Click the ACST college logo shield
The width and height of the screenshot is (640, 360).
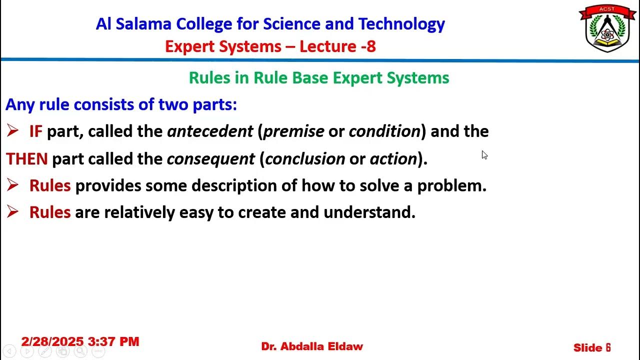click(x=607, y=29)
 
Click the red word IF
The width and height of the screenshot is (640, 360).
click(x=35, y=131)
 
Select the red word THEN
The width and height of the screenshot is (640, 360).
click(x=26, y=159)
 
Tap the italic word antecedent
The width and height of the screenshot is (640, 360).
click(x=210, y=131)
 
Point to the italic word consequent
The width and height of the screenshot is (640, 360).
click(x=210, y=159)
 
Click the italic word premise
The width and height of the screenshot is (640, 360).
click(x=293, y=131)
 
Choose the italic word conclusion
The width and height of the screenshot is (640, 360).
click(x=305, y=159)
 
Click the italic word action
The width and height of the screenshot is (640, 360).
click(x=393, y=159)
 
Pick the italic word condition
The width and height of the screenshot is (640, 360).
click(x=384, y=131)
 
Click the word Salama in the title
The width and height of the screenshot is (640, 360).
click(x=146, y=24)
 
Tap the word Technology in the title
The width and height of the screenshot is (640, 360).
click(x=401, y=24)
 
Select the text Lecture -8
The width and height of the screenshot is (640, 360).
click(x=337, y=46)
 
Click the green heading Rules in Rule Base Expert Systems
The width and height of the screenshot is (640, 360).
click(x=319, y=78)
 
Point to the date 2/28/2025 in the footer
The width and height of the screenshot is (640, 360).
click(x=52, y=342)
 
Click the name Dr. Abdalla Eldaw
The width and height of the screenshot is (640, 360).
click(x=312, y=346)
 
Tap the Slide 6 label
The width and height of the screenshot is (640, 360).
click(x=592, y=347)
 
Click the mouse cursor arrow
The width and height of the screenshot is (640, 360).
click(x=484, y=155)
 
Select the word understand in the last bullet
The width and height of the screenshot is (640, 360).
click(x=369, y=212)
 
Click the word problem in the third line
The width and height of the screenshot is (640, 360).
click(x=451, y=185)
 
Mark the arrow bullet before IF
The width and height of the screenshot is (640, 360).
click(x=12, y=131)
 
